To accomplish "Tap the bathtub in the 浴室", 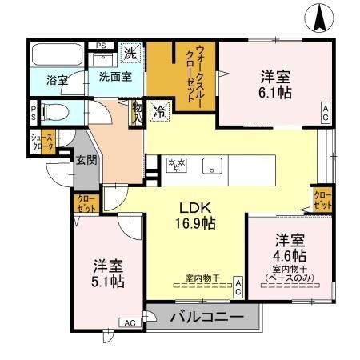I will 56,57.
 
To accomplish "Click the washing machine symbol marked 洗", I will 130,54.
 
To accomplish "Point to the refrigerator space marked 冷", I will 160,110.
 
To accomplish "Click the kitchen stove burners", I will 176,166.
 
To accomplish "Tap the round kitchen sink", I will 212,167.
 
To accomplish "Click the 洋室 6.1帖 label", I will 274,85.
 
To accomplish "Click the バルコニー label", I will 206,318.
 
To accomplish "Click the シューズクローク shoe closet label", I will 42,142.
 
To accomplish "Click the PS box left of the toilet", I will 34,112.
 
